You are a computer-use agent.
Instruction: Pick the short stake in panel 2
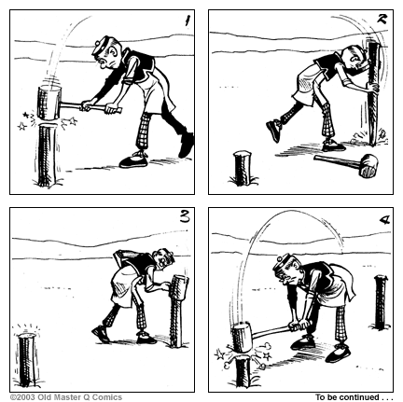pyautogui.click(x=242, y=168)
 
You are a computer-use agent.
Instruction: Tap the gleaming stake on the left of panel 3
pyautogui.click(x=25, y=359)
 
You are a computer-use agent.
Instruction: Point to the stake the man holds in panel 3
pyautogui.click(x=177, y=308)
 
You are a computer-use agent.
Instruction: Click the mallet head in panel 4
pyautogui.click(x=244, y=338)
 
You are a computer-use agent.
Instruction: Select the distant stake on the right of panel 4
pyautogui.click(x=379, y=300)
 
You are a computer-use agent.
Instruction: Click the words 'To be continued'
pyautogui.click(x=344, y=396)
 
